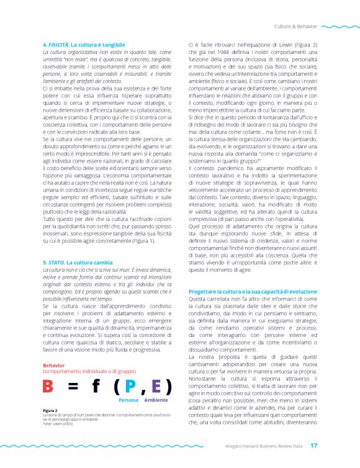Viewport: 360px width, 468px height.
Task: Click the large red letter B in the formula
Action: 49,387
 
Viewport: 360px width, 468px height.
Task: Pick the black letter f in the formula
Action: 97,387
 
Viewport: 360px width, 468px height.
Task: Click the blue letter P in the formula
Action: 130,387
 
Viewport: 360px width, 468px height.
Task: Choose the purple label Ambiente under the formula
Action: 156,401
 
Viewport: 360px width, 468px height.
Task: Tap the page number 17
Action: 314,445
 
